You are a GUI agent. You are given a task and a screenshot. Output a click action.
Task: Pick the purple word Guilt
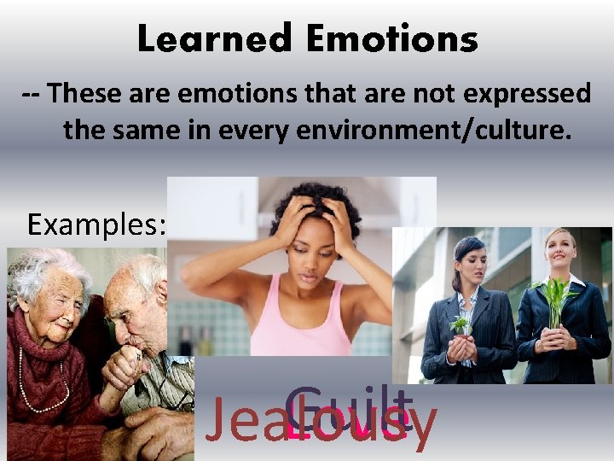point(349,405)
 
